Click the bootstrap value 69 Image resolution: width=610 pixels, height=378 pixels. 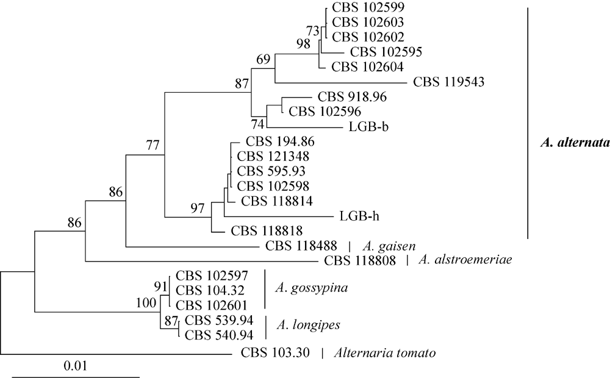[x=262, y=59]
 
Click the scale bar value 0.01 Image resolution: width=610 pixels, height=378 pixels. [x=75, y=366]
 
